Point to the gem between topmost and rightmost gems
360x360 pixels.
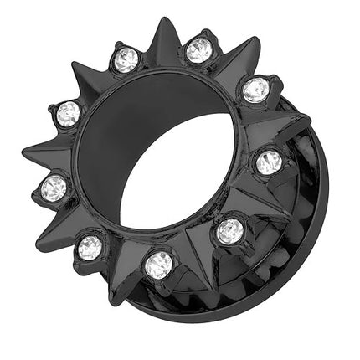[x=256, y=88]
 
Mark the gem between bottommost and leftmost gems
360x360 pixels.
[x=90, y=246]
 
